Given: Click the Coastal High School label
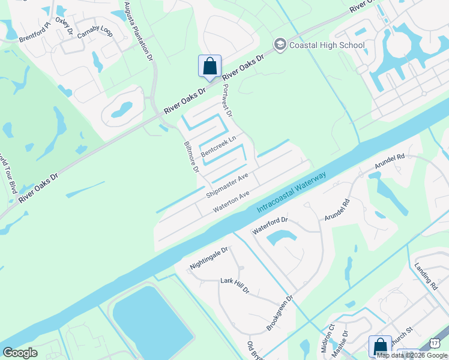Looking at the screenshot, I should (326, 45).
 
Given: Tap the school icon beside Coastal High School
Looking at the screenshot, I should (279, 44).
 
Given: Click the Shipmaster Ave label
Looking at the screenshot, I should (227, 186).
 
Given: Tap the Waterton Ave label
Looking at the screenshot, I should (231, 203).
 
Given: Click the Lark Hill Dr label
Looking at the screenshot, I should (234, 285).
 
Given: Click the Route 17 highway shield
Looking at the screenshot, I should (436, 343).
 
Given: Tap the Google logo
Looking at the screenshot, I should (20, 352).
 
